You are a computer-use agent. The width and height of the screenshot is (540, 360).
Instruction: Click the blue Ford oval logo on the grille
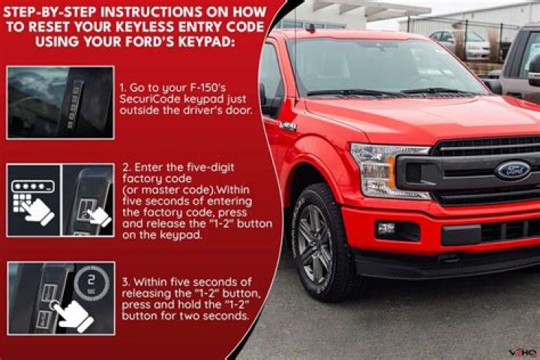pyautogui.click(x=512, y=170)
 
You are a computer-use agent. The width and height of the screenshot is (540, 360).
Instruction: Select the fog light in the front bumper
pyautogui.click(x=387, y=229)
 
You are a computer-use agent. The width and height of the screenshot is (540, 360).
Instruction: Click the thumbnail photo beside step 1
pyautogui.click(x=60, y=102)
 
